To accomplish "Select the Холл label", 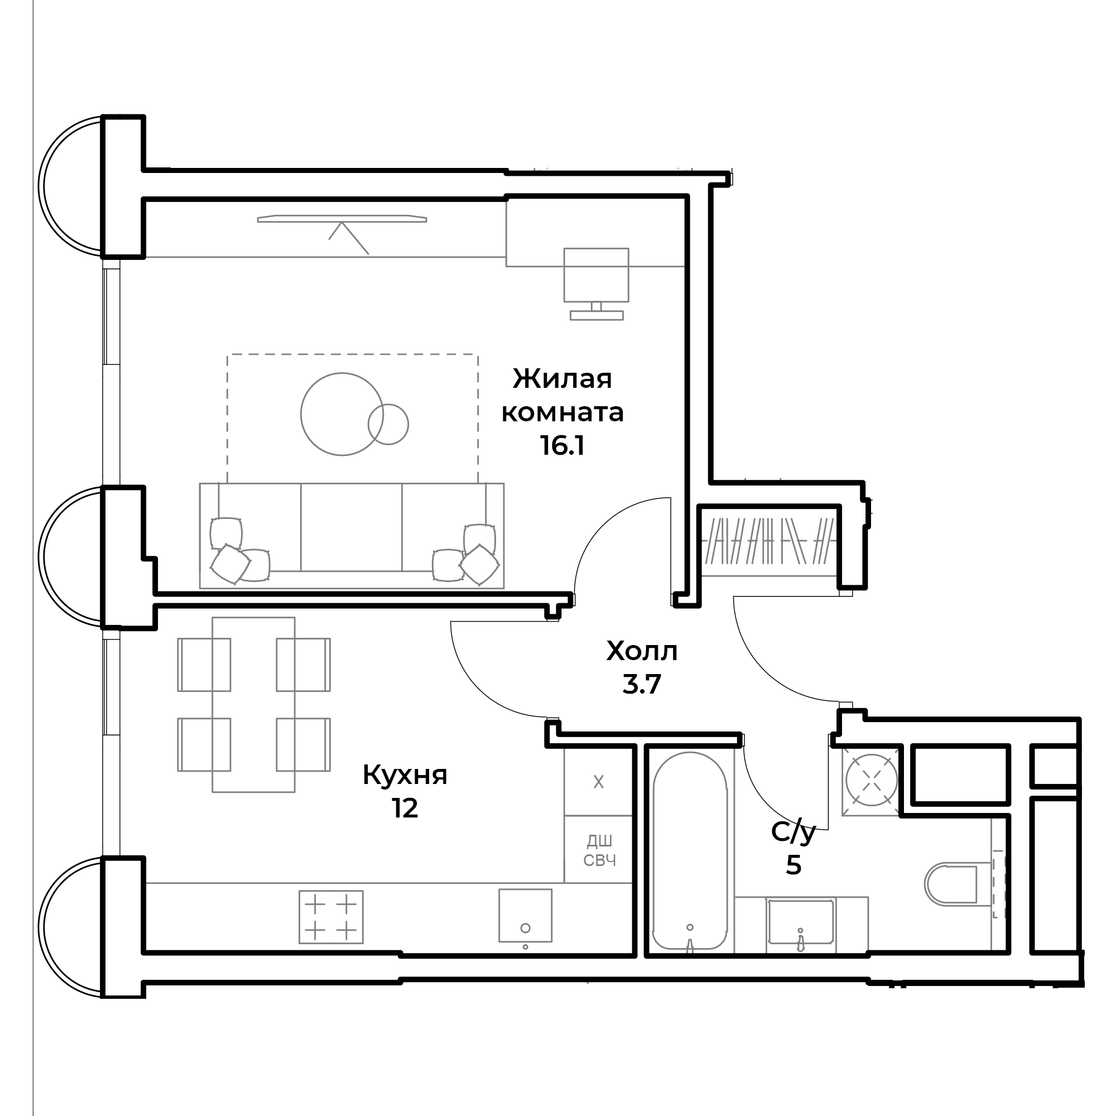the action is tap(642, 652).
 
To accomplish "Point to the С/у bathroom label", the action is tap(793, 833).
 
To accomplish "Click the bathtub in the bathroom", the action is tap(690, 851).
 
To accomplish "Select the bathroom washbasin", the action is tap(801, 924).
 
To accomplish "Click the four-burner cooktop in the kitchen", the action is tap(331, 917).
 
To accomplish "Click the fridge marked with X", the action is tap(598, 782).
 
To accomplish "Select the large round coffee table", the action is tap(342, 414).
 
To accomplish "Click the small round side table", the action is tap(389, 424).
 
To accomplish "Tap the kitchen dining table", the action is tap(253, 704).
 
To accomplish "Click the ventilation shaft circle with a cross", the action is tap(871, 781).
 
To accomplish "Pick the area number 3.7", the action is tap(642, 685).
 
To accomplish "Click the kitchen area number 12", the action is tap(405, 809).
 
